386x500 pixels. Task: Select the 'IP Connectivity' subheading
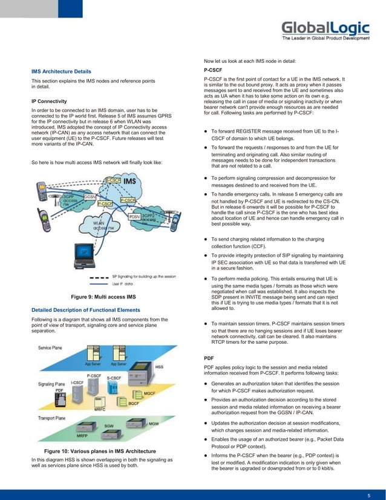[x=49, y=101]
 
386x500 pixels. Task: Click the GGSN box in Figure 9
[x=90, y=197]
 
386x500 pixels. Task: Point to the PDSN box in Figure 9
[x=134, y=216]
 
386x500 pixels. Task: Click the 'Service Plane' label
[x=53, y=349]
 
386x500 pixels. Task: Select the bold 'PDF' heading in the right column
[x=209, y=358]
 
